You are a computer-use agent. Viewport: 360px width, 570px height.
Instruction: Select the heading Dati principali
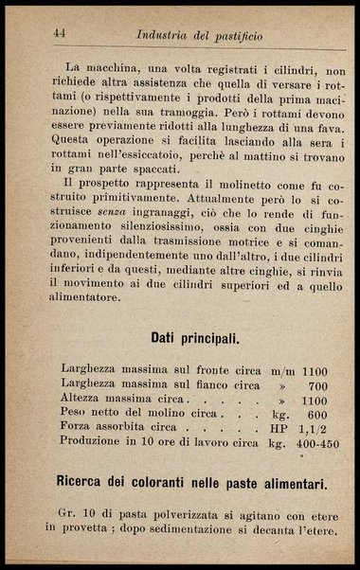(x=195, y=337)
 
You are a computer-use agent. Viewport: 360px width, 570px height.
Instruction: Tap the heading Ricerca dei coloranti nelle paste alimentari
(x=192, y=484)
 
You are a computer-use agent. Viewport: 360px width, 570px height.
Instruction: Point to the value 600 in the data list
(x=315, y=415)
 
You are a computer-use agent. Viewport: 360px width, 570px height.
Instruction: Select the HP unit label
(x=277, y=429)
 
